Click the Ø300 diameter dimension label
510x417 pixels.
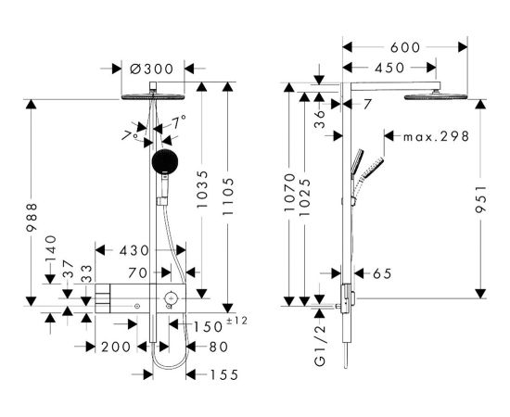151,69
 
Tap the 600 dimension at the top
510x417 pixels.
405,47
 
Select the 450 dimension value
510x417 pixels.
389,68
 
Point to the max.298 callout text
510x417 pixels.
436,136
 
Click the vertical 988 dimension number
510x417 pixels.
32,218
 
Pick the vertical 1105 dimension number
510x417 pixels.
228,196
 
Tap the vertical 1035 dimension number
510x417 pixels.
202,189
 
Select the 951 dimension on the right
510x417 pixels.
480,199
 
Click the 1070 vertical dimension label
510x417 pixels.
289,193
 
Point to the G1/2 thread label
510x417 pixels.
320,346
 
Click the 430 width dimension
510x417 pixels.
134,250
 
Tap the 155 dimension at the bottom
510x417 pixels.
224,374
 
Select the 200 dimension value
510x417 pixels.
116,347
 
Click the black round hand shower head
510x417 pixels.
165,161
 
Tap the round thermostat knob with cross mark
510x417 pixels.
171,297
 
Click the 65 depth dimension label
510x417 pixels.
382,273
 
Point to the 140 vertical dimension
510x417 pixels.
51,248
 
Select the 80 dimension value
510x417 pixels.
218,347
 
